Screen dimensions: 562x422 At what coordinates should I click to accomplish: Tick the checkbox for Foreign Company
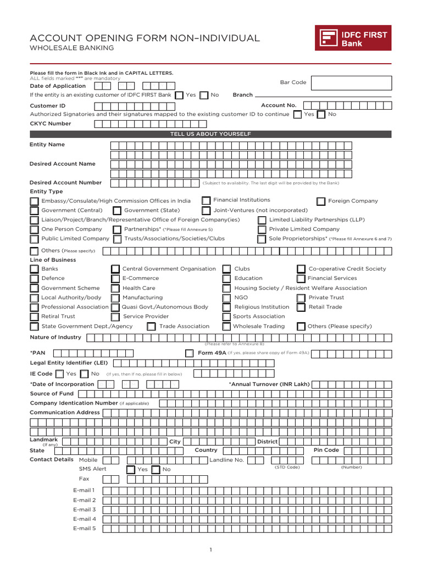coord(321,201)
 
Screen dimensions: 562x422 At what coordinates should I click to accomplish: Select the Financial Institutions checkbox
coord(206,200)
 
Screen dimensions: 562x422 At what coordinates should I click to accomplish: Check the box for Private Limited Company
coord(262,229)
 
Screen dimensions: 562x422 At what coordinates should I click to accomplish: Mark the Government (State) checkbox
coord(117,211)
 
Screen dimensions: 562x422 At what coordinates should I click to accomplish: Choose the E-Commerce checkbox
coord(115,278)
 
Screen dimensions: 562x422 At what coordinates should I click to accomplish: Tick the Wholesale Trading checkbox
coord(226,327)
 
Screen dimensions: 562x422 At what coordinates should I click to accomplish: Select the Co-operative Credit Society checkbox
coord(301,269)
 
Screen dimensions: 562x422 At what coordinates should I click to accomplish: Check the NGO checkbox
coord(226,297)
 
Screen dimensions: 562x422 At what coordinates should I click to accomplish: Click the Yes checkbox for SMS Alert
coord(131,470)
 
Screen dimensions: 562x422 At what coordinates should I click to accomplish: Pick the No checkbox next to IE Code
coord(84,374)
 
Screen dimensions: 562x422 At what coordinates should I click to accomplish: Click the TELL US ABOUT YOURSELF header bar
coord(210,134)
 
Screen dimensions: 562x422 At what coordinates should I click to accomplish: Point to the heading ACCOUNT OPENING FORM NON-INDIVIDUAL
coord(145,38)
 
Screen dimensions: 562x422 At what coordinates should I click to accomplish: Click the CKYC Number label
coord(51,123)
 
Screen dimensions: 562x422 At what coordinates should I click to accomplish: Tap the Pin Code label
coord(326,450)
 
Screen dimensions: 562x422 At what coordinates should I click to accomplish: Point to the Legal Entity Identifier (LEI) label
coord(69,363)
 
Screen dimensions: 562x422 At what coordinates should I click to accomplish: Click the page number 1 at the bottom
coord(210,549)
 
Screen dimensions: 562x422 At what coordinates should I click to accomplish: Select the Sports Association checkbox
coord(226,317)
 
